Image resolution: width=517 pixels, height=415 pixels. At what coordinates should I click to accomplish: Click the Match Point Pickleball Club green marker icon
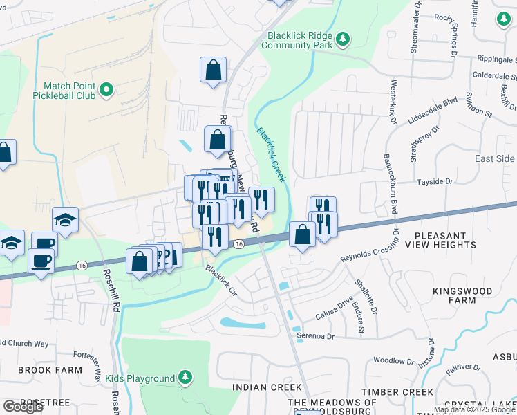[106, 89]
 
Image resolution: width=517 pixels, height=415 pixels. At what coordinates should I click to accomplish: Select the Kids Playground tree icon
[185, 378]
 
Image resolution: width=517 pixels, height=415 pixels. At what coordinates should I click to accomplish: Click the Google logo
[23, 407]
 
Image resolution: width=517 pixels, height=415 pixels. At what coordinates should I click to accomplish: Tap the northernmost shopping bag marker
[214, 69]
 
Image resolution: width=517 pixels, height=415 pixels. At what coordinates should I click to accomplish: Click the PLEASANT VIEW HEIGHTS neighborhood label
[449, 239]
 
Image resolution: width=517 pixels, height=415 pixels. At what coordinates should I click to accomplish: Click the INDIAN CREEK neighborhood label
[267, 387]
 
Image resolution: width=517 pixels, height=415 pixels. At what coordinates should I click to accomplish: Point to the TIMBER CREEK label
[399, 392]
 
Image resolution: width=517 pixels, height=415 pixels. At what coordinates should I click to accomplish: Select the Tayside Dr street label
[434, 181]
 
